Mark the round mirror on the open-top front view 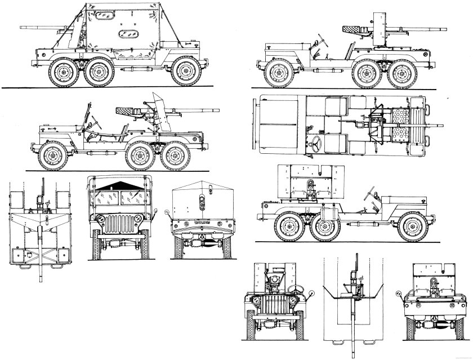[x=310, y=293]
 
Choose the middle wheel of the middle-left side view [x=140, y=156]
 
